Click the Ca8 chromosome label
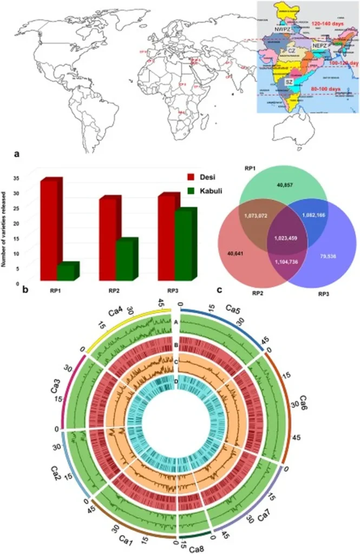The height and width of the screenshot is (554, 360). (x=197, y=549)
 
